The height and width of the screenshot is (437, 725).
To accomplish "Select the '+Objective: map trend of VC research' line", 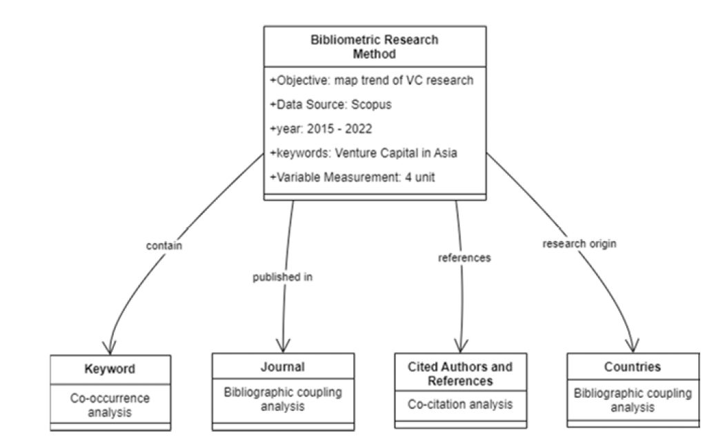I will click(x=371, y=80).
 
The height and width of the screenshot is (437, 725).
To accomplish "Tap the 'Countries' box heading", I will click(x=633, y=367).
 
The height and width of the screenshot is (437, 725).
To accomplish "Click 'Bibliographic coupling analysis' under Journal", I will click(x=283, y=398).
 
